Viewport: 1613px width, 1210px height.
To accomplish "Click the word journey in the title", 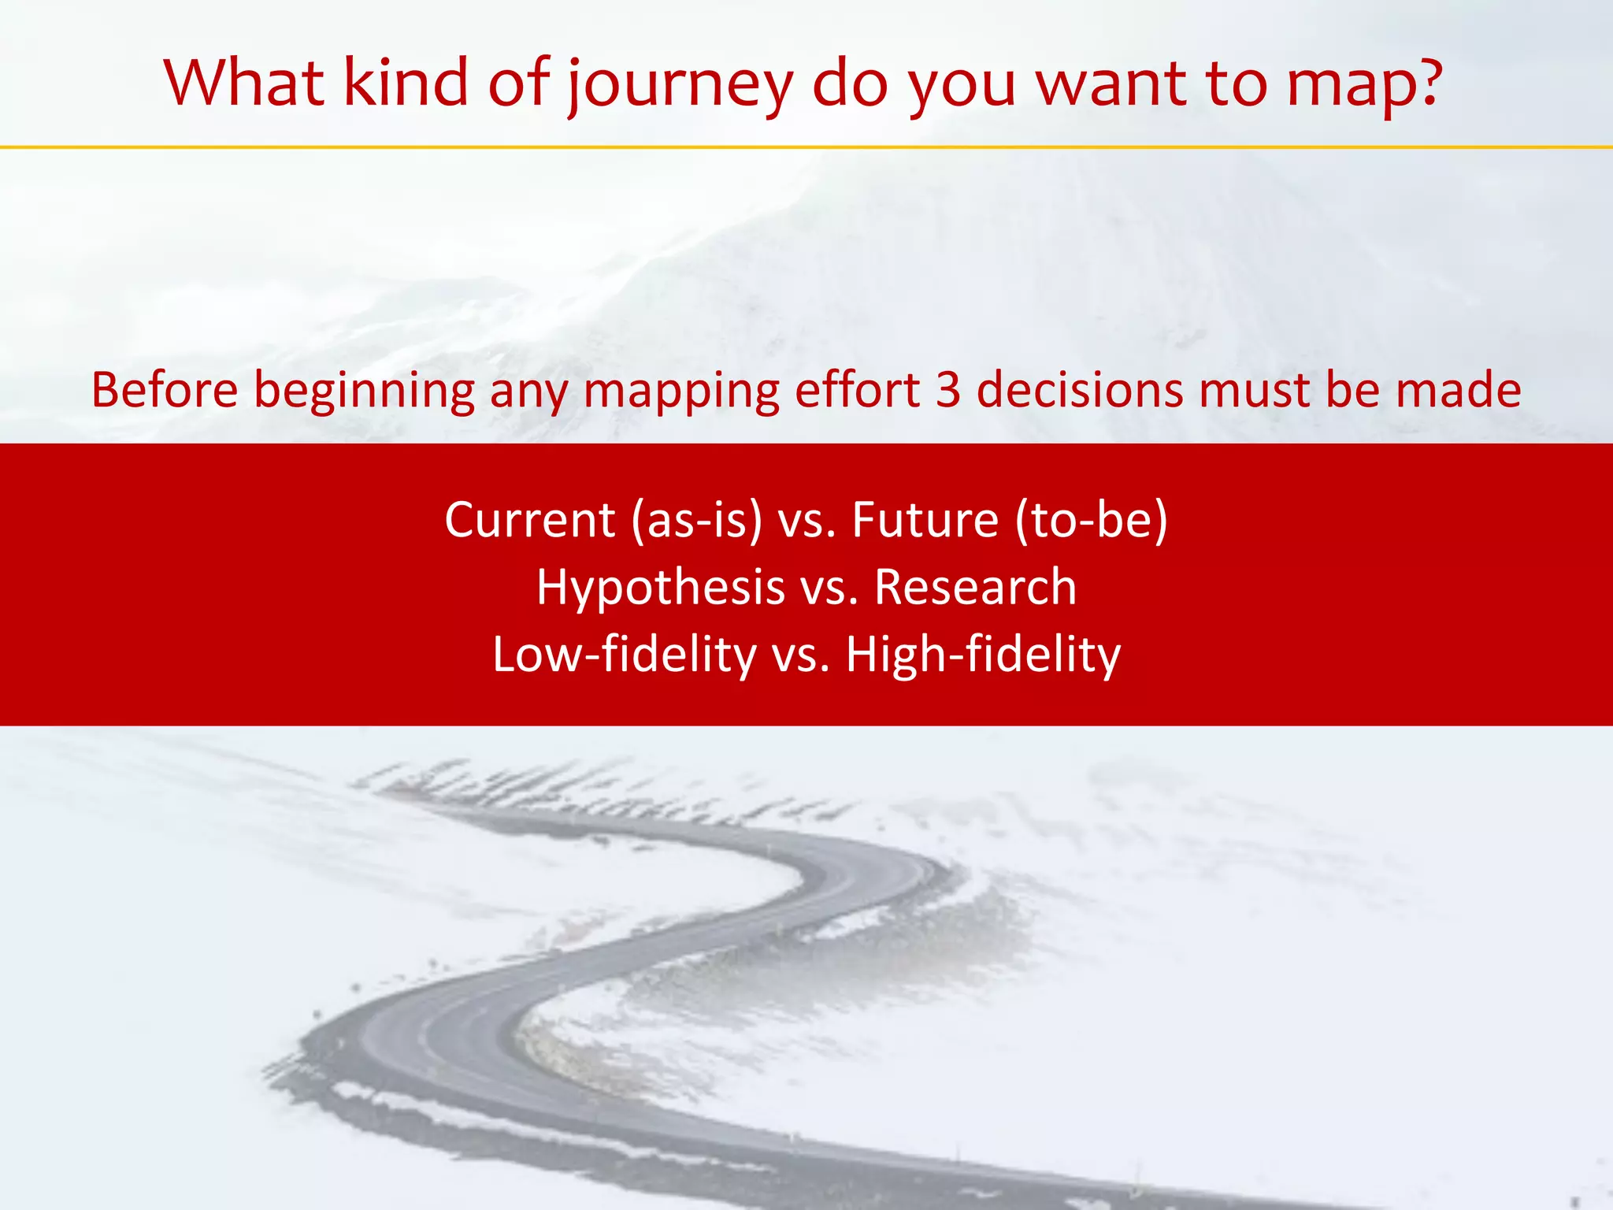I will point(680,85).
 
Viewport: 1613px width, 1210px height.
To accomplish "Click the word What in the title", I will point(243,82).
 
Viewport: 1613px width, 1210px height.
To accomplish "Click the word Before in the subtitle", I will point(165,390).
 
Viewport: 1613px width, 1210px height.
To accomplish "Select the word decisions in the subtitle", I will point(1080,390).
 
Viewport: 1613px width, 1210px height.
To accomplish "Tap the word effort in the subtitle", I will point(858,390).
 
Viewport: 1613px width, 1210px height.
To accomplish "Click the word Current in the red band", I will point(529,520).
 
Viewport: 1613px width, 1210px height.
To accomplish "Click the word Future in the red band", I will point(925,520).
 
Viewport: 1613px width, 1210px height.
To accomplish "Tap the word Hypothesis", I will point(661,588).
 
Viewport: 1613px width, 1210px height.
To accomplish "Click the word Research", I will point(975,588).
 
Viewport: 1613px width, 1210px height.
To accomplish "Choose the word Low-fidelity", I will point(624,655).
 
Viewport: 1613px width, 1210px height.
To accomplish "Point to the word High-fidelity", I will point(983,655).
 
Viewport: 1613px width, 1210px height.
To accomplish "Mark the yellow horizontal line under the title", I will point(806,147).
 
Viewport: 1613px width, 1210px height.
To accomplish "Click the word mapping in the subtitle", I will point(681,392).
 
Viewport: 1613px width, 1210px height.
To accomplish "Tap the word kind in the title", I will point(406,82).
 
